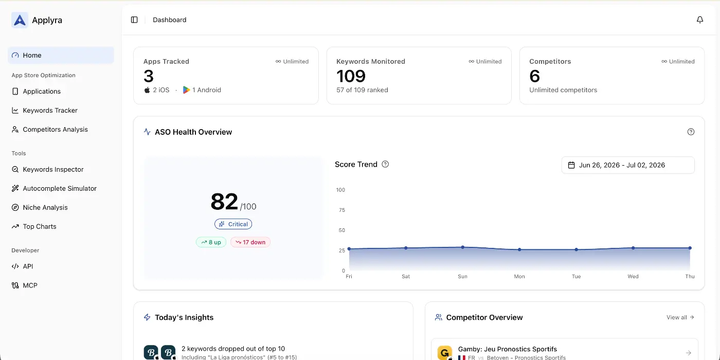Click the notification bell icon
[700, 20]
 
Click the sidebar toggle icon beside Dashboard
[134, 20]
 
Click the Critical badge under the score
[233, 224]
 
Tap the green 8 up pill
[211, 242]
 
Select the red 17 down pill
[250, 242]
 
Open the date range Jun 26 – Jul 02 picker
[628, 165]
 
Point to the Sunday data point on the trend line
[462, 247]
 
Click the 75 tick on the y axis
[342, 210]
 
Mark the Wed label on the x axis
[633, 277]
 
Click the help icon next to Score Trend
[385, 164]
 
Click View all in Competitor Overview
[680, 317]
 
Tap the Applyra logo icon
[20, 20]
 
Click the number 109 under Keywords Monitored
[351, 76]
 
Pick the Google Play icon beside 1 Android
[186, 90]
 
